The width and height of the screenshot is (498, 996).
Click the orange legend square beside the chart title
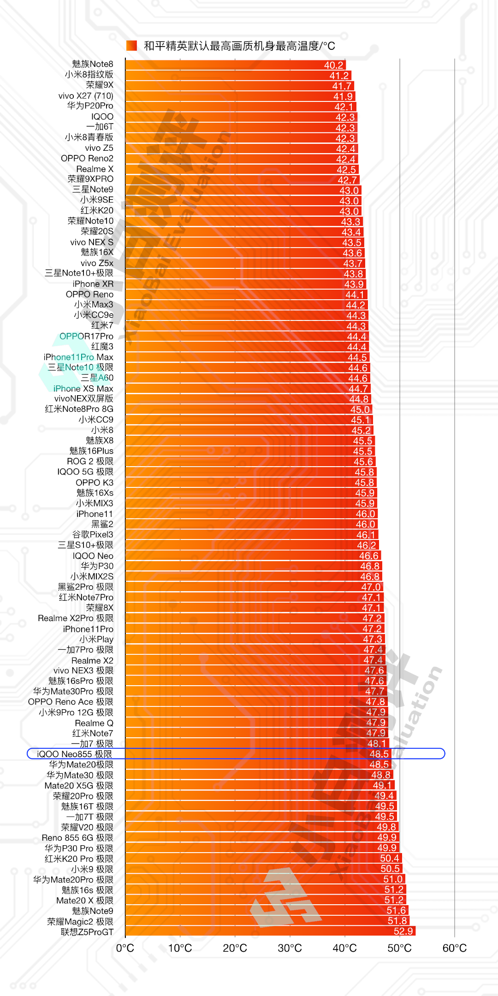point(131,45)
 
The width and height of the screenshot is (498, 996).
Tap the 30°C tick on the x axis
point(290,948)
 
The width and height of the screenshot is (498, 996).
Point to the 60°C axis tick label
point(454,948)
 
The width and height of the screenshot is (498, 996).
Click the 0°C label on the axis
point(125,948)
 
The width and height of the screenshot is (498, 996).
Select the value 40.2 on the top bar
point(333,65)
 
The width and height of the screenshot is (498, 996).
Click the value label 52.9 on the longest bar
point(403,931)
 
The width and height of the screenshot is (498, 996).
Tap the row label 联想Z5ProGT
point(87,932)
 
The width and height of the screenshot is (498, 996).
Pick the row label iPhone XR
point(93,284)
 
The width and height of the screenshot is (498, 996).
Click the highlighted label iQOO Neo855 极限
point(74,754)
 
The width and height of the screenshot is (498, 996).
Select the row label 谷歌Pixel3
point(92,534)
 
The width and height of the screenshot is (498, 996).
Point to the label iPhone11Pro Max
point(78,357)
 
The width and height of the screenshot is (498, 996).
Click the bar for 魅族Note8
point(221,65)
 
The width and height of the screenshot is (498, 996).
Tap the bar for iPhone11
point(240,514)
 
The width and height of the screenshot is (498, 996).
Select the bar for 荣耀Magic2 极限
point(254,921)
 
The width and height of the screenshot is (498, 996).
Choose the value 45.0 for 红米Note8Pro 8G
point(360,409)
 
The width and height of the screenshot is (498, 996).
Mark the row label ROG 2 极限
point(90,461)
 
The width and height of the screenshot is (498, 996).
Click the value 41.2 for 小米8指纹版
point(339,76)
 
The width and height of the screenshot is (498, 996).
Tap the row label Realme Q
point(94,723)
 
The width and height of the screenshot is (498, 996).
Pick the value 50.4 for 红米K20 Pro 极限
point(389,858)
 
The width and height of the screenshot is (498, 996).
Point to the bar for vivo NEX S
point(231,243)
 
